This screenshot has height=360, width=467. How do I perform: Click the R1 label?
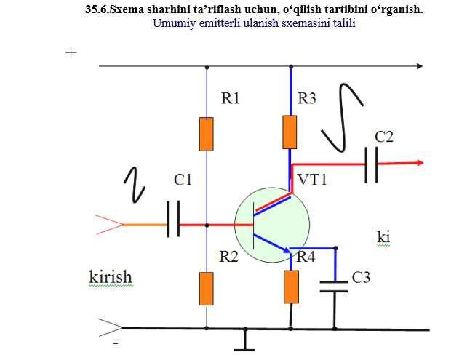point(230,98)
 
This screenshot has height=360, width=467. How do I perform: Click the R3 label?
point(308,98)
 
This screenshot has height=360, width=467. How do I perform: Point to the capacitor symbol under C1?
point(173,220)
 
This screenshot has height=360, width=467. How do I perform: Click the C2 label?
point(384,137)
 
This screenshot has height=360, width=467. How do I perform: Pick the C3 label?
point(362,277)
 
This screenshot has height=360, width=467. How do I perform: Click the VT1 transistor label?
point(312,179)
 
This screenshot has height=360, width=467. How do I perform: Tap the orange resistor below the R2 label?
point(207,289)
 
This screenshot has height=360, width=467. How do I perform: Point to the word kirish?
point(110,277)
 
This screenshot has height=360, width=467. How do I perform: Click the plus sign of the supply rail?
point(71,53)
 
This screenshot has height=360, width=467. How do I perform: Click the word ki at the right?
point(383,237)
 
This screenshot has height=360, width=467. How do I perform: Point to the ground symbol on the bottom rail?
point(245,339)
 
